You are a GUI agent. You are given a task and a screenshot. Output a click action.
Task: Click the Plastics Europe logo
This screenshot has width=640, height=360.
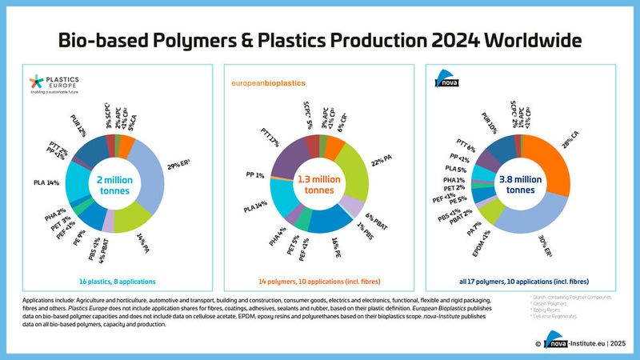[x=50, y=84]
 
